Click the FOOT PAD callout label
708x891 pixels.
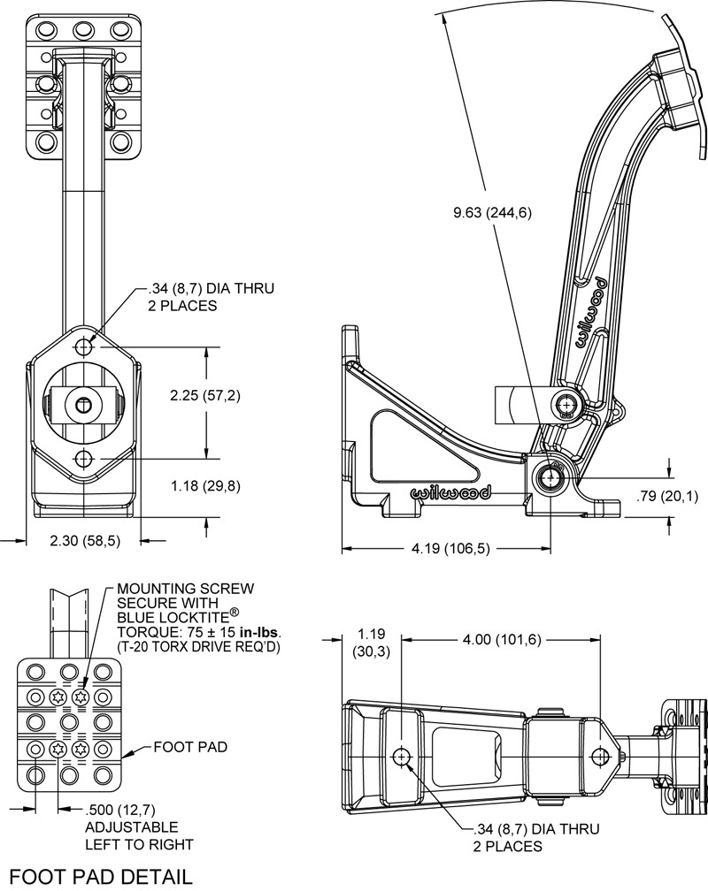(190, 747)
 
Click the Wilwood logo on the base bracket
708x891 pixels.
(441, 494)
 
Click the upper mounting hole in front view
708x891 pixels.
(84, 346)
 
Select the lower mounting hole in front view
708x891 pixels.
(84, 458)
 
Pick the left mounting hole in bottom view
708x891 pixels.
(403, 757)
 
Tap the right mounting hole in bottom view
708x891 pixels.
(602, 757)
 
